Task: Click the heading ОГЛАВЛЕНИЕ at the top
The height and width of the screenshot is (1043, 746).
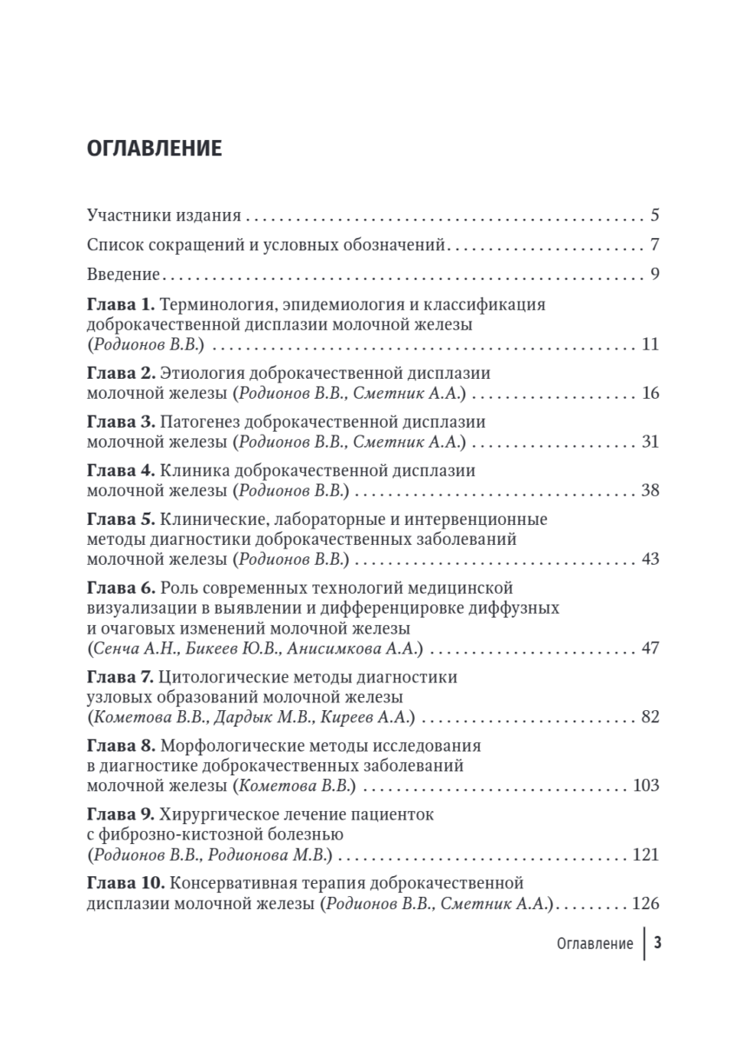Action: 154,148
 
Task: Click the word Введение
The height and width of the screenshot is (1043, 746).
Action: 123,275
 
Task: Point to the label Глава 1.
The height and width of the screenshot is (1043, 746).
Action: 120,305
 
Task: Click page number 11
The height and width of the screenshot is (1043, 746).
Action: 650,345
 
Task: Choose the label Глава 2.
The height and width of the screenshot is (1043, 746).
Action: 120,373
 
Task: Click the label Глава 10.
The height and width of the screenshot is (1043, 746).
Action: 125,884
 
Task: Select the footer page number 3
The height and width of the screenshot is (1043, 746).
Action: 658,944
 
